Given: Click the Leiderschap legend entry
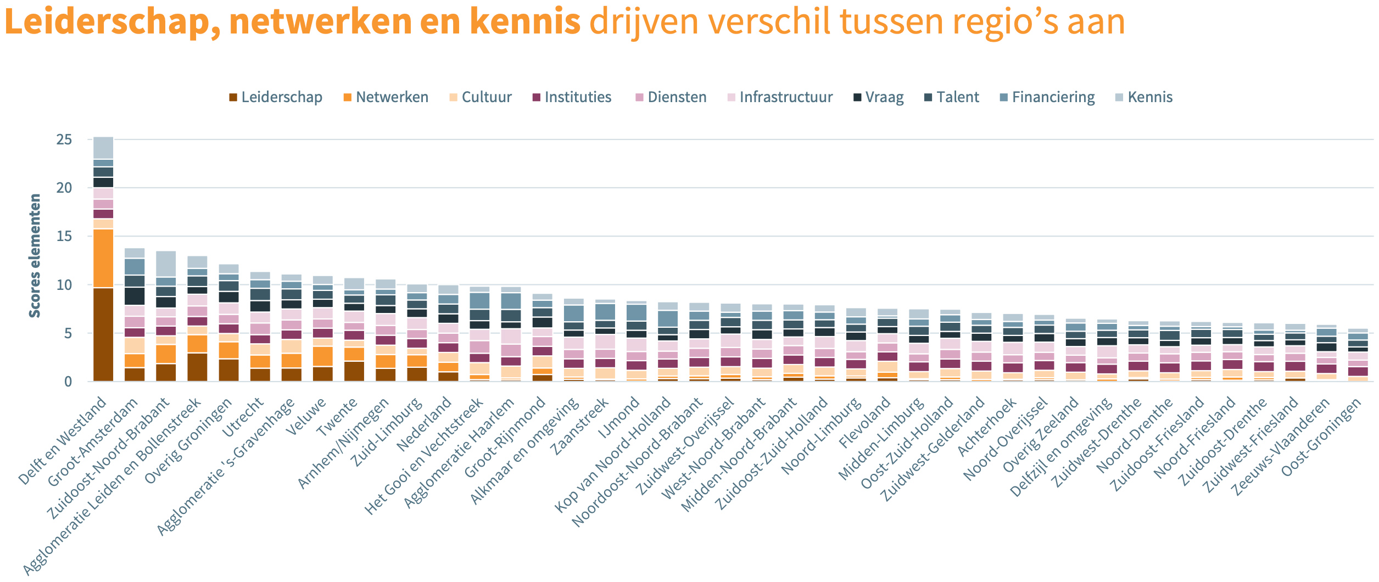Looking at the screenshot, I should (275, 97).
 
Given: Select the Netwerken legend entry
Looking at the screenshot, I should (386, 97).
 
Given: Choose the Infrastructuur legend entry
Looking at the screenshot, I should (779, 97).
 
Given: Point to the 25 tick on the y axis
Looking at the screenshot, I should (64, 139).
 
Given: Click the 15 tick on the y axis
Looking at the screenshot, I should (64, 236).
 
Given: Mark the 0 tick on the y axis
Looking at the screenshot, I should (68, 382).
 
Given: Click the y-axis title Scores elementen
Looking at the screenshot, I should (35, 255).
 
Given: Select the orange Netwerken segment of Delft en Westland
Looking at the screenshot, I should (103, 258).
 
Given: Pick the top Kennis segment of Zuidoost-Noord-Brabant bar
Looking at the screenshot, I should (166, 264).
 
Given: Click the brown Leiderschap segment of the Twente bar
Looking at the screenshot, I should (354, 371).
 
